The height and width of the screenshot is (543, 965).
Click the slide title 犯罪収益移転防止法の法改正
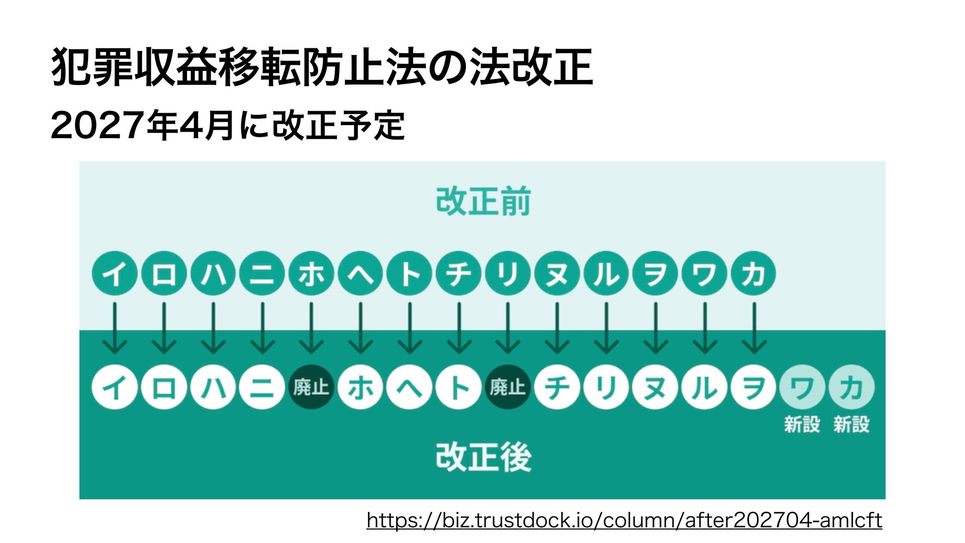click(x=322, y=67)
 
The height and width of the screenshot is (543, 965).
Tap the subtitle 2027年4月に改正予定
click(x=228, y=126)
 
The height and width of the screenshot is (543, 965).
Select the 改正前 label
click(x=483, y=201)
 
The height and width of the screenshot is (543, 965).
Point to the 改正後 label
click(x=483, y=457)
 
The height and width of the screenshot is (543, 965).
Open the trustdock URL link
click(x=624, y=520)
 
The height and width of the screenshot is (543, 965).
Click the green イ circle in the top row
click(x=115, y=274)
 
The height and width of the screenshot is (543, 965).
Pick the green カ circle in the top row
click(x=753, y=274)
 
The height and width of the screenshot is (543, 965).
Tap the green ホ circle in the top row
click(x=311, y=274)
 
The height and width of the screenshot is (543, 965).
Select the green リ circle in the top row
click(x=508, y=274)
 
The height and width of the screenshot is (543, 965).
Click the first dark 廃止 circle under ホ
click(x=311, y=387)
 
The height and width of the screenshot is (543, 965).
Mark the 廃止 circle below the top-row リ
click(x=508, y=387)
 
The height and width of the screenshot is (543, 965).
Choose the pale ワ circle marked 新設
click(x=802, y=387)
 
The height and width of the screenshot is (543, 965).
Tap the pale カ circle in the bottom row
click(x=851, y=387)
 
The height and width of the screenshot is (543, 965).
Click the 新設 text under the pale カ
click(x=851, y=424)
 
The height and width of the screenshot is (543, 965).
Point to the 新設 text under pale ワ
click(x=802, y=424)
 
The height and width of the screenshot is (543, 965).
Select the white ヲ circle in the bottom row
click(x=753, y=387)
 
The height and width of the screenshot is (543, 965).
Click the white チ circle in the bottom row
click(x=557, y=387)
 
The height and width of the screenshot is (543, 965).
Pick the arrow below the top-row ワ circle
click(x=704, y=328)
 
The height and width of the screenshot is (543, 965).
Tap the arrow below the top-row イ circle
click(x=115, y=328)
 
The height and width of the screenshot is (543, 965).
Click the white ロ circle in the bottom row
click(x=164, y=387)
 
